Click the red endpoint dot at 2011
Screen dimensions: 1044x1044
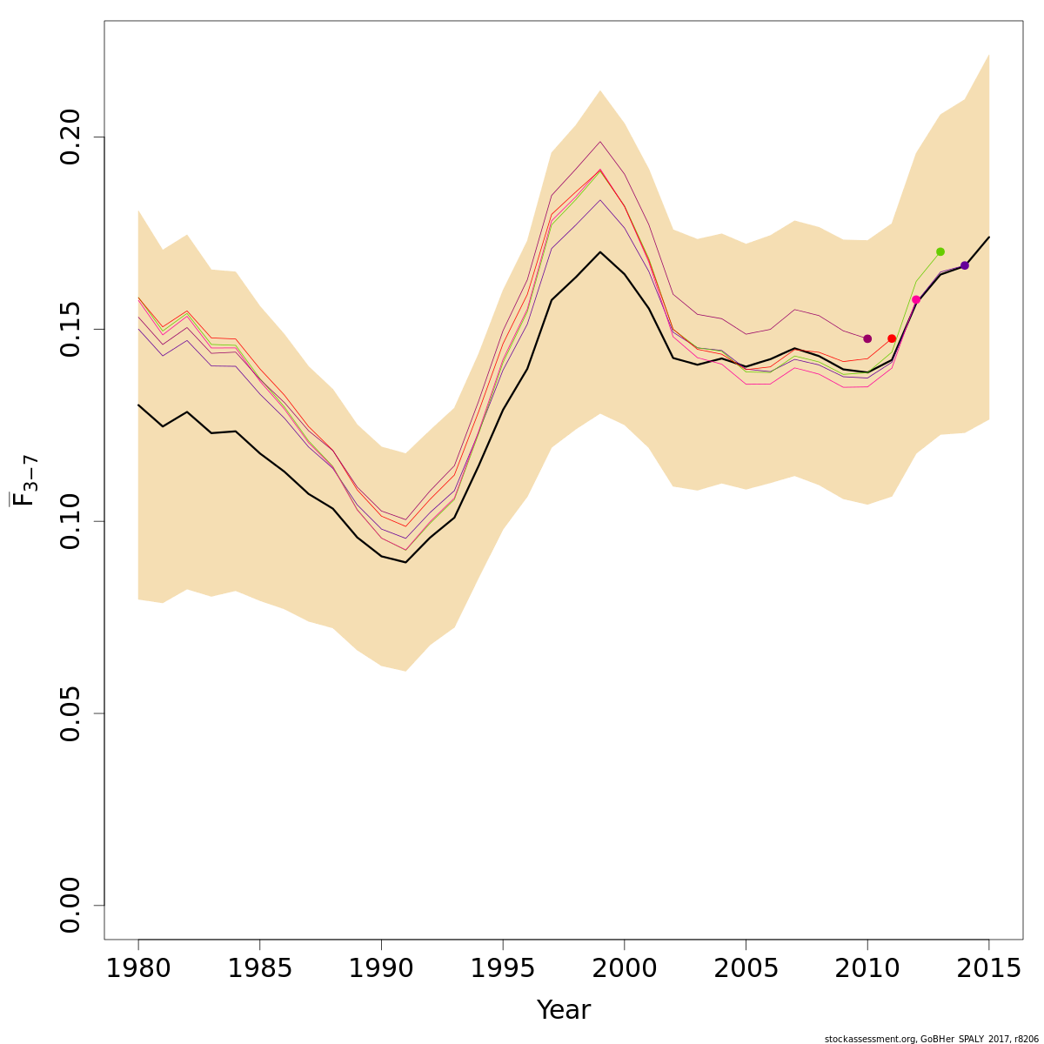[x=892, y=338]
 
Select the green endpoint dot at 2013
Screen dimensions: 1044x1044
[x=940, y=251]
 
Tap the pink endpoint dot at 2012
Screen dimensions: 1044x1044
[x=916, y=299]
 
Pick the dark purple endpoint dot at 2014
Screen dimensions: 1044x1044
[x=965, y=265]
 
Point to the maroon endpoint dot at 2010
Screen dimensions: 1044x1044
[x=867, y=338]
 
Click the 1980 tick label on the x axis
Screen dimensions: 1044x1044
[x=138, y=968]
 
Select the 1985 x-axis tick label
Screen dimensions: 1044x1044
[x=260, y=968]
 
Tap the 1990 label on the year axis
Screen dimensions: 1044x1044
[x=381, y=968]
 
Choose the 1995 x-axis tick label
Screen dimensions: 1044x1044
[x=503, y=968]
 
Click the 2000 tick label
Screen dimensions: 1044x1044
[x=624, y=968]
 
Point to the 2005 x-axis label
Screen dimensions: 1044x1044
[x=746, y=968]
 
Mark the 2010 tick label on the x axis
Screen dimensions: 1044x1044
[x=867, y=968]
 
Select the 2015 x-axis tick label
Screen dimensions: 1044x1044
[x=988, y=968]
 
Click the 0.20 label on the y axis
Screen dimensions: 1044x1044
[x=71, y=137]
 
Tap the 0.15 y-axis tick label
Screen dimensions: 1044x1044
[x=71, y=329]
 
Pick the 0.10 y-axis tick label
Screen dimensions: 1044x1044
[x=71, y=521]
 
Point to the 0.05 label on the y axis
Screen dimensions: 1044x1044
[x=71, y=713]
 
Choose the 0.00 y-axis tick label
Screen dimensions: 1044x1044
[x=71, y=905]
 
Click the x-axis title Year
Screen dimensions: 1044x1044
[x=564, y=1010]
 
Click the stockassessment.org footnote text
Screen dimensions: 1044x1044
[x=931, y=1039]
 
